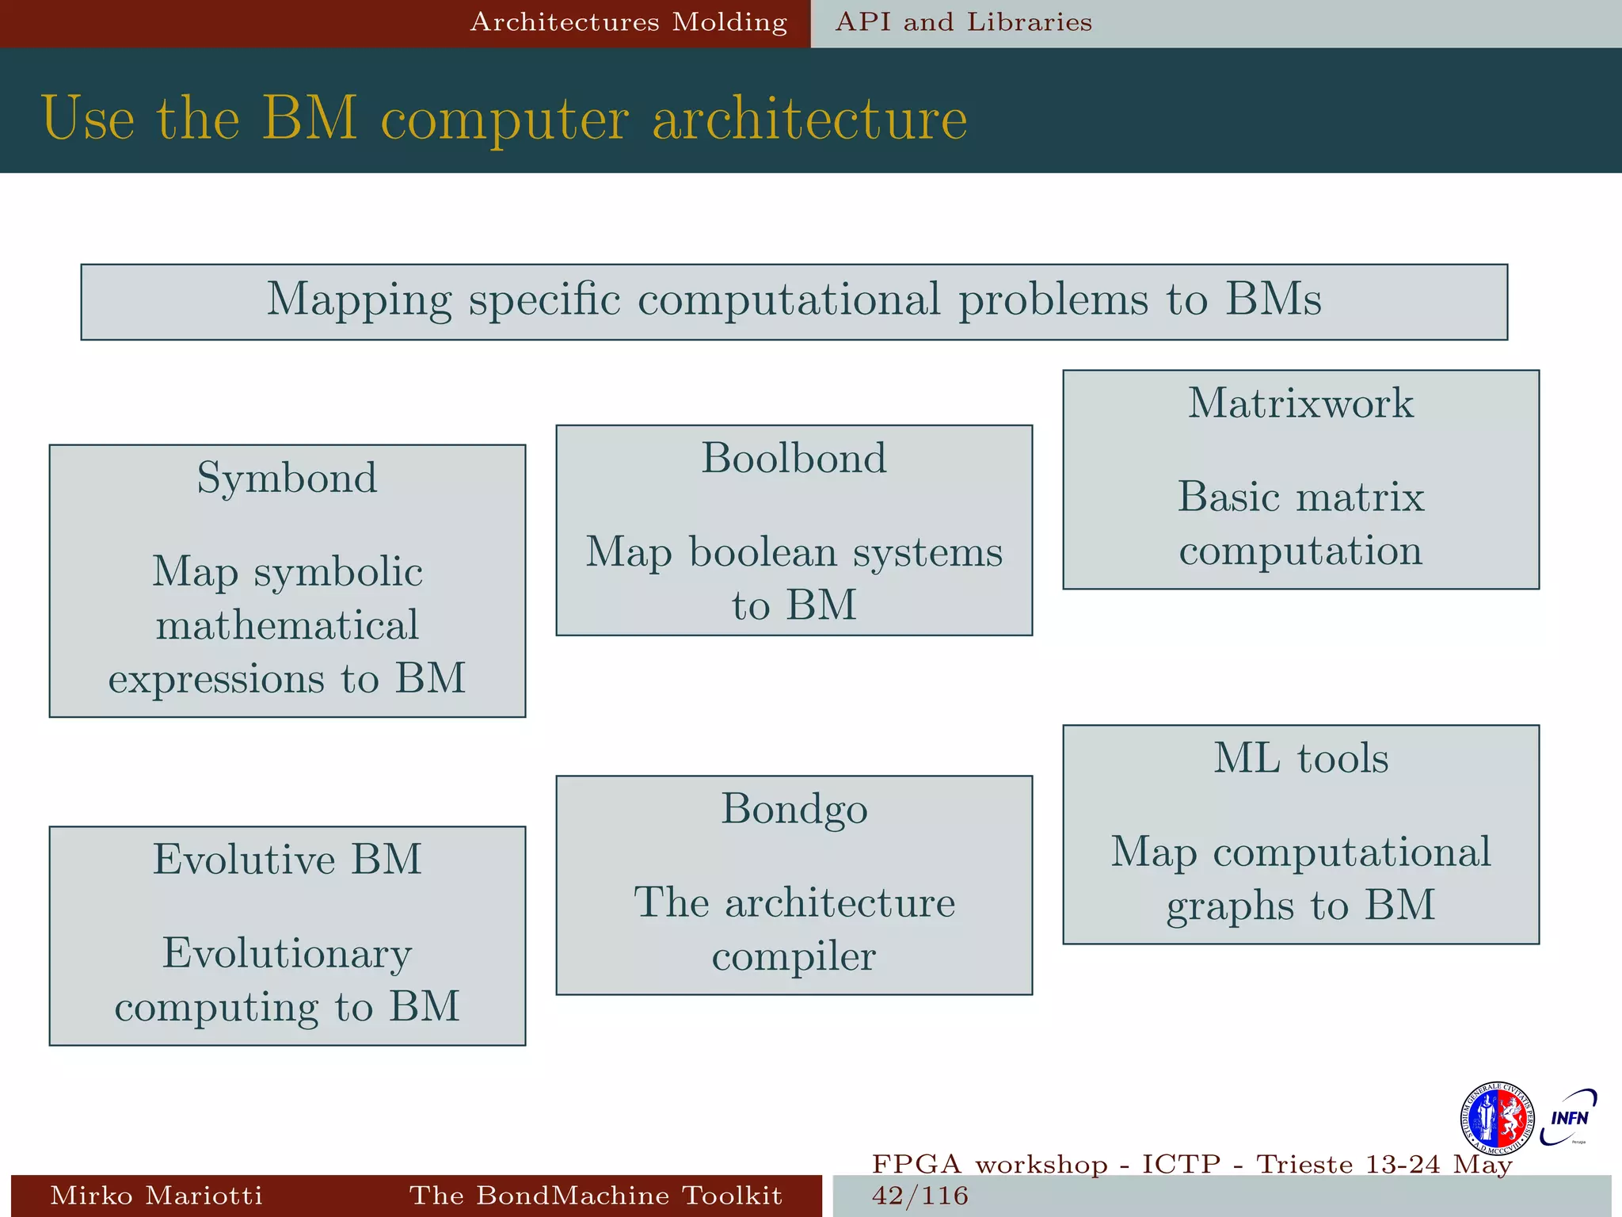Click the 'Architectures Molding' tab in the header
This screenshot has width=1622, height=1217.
[629, 22]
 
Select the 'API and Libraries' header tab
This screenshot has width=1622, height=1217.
[964, 22]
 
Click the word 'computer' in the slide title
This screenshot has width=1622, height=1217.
[505, 119]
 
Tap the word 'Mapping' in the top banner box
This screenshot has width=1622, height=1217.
[358, 300]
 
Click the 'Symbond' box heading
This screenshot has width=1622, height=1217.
[287, 478]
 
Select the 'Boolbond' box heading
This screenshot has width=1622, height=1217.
[794, 458]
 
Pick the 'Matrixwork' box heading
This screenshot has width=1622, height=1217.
[1300, 403]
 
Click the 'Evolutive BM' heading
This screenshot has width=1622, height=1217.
[287, 859]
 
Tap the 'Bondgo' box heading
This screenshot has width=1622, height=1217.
[794, 809]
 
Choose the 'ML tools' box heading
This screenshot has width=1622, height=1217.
[1300, 758]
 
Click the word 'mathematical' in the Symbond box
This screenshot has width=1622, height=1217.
[287, 624]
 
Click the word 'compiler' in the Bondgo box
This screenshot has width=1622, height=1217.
[794, 957]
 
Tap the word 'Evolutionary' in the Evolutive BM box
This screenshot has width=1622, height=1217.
[287, 953]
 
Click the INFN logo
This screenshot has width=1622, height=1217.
[1568, 1118]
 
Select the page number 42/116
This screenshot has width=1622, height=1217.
[920, 1196]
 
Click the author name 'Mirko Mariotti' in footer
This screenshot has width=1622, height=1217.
[156, 1196]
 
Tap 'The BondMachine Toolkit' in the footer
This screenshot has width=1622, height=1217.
[596, 1196]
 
